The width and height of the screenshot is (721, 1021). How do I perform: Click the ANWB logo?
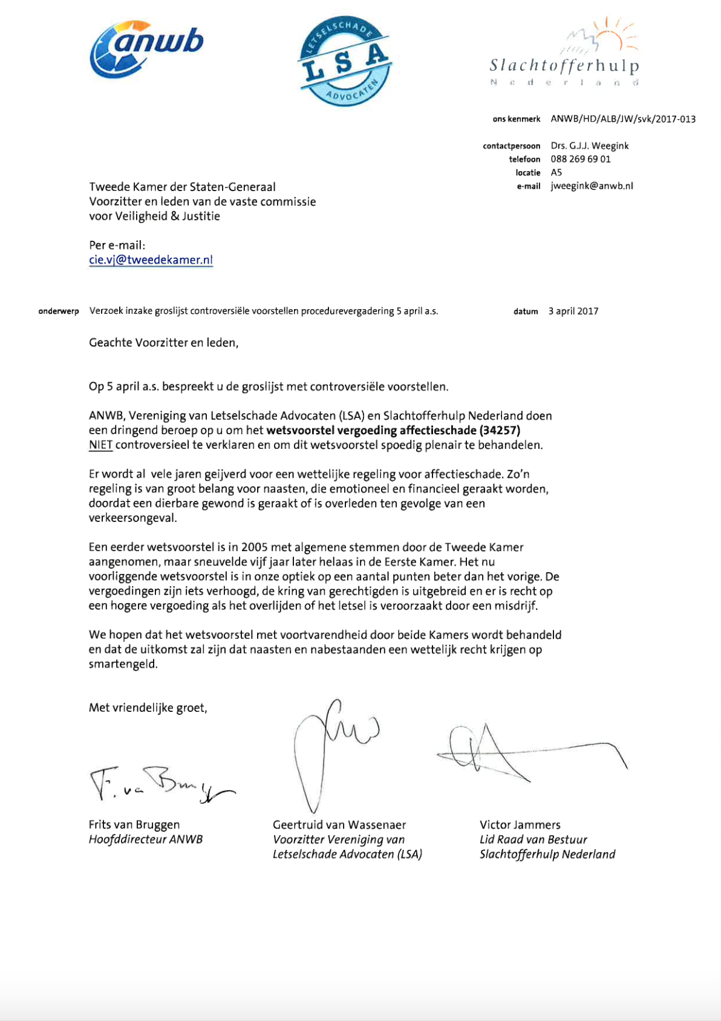pyautogui.click(x=146, y=50)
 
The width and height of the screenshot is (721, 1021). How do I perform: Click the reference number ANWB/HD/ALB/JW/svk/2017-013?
pyautogui.click(x=622, y=119)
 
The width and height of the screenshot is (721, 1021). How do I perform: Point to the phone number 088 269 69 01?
pyautogui.click(x=580, y=159)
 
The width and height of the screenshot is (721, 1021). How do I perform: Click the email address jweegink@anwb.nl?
pyautogui.click(x=592, y=186)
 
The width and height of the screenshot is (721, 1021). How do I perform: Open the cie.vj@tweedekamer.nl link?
pyautogui.click(x=151, y=260)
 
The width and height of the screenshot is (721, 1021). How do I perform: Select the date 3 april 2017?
pyautogui.click(x=573, y=311)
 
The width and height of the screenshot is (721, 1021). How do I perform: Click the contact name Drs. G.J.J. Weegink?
pyautogui.click(x=589, y=146)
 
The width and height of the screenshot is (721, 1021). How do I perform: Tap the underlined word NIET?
pyautogui.click(x=100, y=445)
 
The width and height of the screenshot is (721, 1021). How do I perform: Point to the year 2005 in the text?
pyautogui.click(x=254, y=547)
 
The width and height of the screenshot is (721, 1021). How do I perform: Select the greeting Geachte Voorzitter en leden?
pyautogui.click(x=163, y=343)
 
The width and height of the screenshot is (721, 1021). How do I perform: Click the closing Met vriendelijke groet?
pyautogui.click(x=148, y=708)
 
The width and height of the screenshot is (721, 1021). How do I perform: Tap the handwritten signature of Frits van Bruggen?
pyautogui.click(x=160, y=785)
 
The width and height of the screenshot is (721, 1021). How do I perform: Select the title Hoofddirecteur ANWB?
pyautogui.click(x=145, y=840)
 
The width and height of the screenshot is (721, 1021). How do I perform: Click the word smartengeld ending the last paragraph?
pyautogui.click(x=122, y=664)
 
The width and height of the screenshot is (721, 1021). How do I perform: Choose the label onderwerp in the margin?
pyautogui.click(x=59, y=312)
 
